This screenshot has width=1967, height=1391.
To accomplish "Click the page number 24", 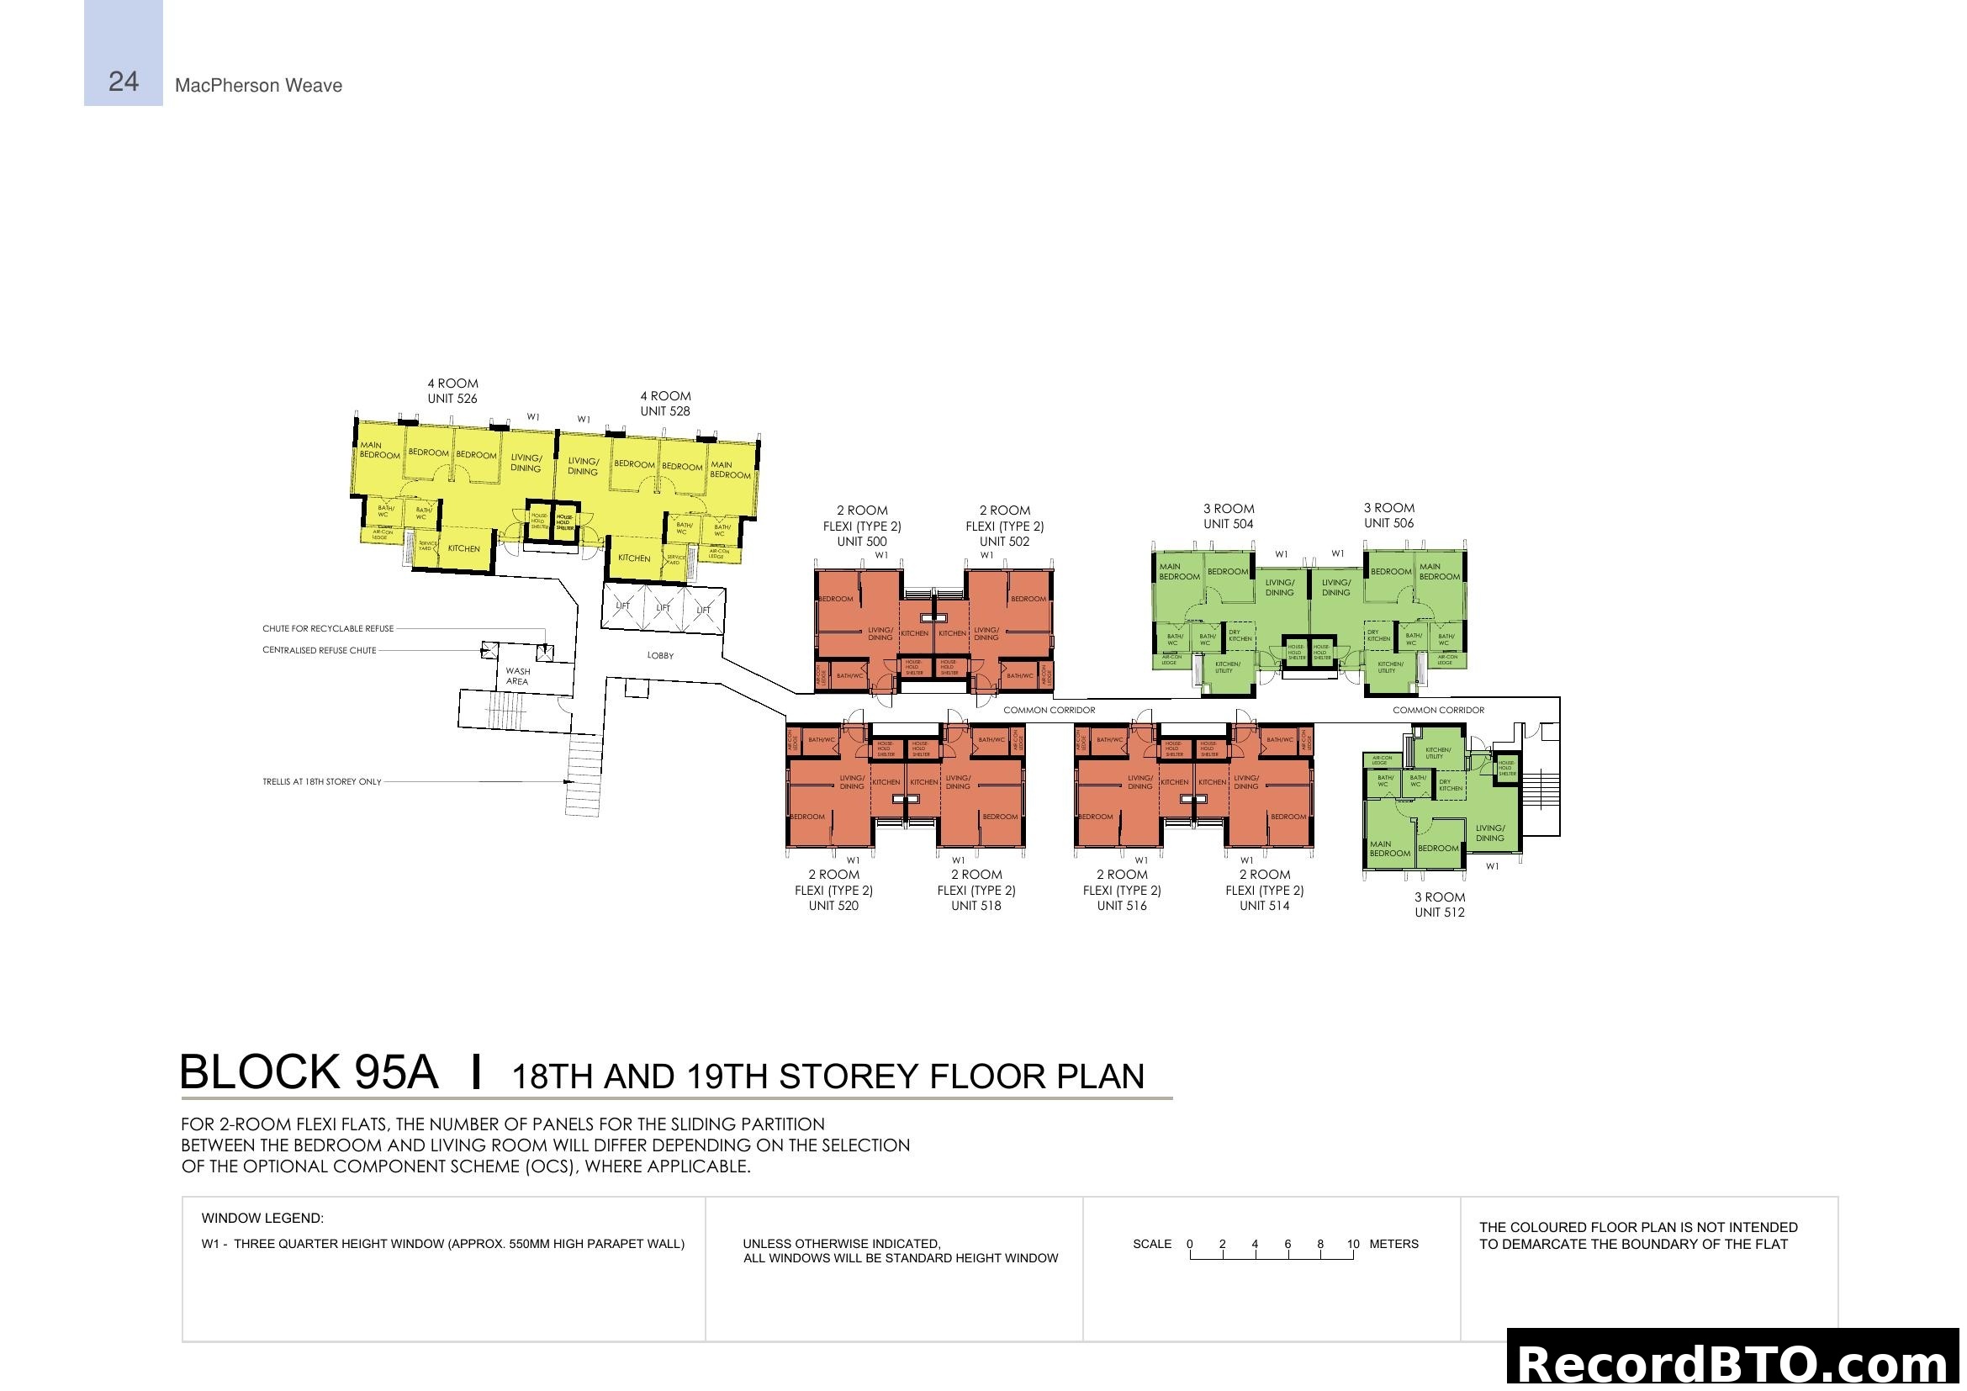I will [x=124, y=82].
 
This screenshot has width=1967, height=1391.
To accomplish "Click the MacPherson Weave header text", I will [x=258, y=86].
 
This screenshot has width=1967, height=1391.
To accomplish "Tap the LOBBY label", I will [x=660, y=656].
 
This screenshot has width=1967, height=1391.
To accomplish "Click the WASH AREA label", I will [x=517, y=677].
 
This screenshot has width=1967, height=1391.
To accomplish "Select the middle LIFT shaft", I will [x=663, y=608].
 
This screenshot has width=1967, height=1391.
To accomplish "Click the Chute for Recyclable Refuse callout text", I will [x=328, y=629].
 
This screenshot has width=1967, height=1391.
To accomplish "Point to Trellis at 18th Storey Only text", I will [x=322, y=782].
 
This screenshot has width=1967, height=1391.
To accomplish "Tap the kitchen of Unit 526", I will [x=463, y=549].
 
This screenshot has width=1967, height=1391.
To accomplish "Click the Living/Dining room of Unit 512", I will [x=1490, y=833].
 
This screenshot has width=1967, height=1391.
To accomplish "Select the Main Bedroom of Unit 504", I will [x=1180, y=571].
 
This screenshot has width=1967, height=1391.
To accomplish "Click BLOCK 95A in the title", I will [x=309, y=1073].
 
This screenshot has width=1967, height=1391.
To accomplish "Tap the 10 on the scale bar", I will [x=1353, y=1245].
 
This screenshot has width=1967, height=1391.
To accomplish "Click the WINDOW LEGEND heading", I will [x=262, y=1219].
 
